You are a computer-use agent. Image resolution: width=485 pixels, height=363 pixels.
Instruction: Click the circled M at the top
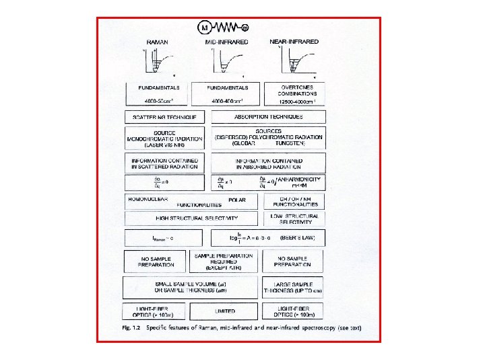[205, 27]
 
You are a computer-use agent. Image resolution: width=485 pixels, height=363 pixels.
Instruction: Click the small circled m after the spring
[245, 28]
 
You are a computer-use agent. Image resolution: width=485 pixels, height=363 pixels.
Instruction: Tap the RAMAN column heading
[157, 42]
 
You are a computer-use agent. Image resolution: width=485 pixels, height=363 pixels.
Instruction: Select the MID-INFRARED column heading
[226, 42]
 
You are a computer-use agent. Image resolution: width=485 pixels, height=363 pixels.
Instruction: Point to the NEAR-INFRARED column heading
[294, 42]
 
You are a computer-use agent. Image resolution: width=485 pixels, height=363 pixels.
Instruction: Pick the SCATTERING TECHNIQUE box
[164, 117]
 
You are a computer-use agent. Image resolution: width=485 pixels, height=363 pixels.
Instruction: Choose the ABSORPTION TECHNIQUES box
[268, 117]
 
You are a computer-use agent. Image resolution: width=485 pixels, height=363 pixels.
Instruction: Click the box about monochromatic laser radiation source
[164, 139]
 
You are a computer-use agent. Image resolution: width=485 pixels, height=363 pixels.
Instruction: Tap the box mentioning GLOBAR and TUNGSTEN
[268, 138]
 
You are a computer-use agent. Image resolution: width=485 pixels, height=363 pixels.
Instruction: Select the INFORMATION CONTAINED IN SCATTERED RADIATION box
[164, 163]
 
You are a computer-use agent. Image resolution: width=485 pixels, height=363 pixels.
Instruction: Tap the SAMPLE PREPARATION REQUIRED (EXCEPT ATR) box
[224, 261]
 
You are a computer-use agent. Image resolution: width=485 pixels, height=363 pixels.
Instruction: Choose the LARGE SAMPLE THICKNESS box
[293, 286]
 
